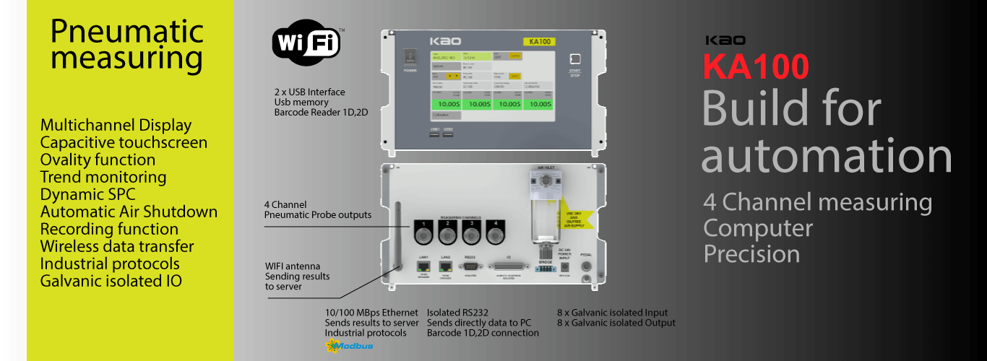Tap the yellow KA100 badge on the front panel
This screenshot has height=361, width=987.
click(x=541, y=41)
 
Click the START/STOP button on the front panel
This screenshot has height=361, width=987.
click(x=575, y=59)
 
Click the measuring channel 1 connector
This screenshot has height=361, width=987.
click(x=424, y=234)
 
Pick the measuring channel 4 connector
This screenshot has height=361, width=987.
click(x=496, y=234)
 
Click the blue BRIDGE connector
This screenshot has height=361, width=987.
click(x=546, y=269)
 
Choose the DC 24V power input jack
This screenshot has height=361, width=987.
click(x=565, y=266)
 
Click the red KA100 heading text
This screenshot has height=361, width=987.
click(x=756, y=67)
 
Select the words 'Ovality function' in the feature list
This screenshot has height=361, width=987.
click(x=98, y=160)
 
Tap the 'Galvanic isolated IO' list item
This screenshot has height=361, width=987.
click(x=111, y=281)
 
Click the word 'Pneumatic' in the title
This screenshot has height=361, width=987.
click(x=127, y=32)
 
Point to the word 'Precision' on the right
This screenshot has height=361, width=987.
click(x=751, y=254)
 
